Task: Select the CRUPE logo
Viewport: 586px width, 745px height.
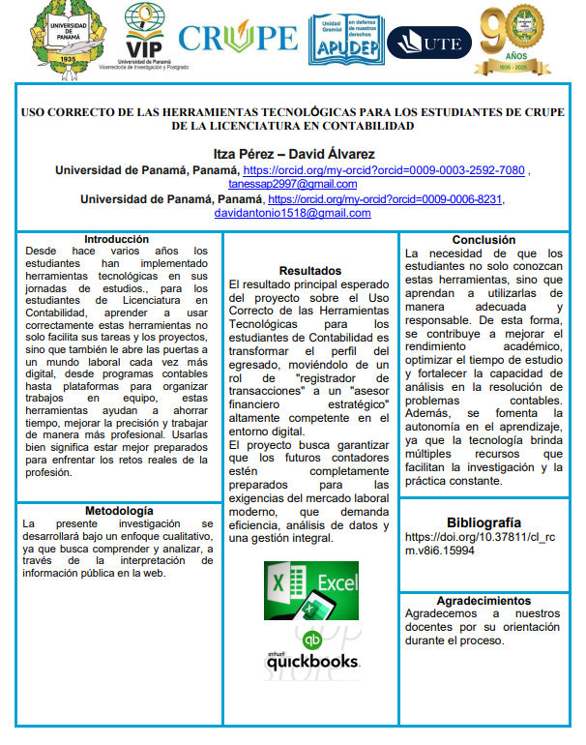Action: pos(238,37)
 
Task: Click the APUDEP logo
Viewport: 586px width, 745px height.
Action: pos(344,38)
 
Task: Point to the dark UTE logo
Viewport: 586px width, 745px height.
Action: pos(428,42)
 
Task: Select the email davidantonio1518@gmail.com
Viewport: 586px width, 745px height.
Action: pos(292,213)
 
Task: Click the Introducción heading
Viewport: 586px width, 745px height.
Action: pos(116,239)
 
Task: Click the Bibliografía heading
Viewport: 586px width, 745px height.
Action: pos(483,521)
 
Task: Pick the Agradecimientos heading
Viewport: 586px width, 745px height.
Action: pos(483,601)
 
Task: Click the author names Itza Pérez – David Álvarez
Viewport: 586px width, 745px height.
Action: pos(293,154)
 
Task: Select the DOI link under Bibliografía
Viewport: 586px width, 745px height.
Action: pos(481,543)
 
